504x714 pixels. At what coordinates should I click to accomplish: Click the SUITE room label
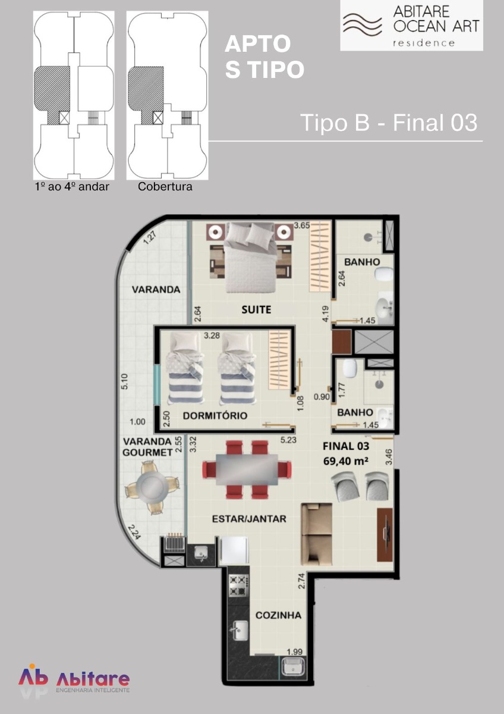click(256, 309)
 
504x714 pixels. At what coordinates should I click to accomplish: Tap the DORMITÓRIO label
click(215, 416)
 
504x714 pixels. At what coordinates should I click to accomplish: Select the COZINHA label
click(278, 615)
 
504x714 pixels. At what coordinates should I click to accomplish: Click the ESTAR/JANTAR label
click(249, 519)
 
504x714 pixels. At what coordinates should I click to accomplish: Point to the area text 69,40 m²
click(346, 461)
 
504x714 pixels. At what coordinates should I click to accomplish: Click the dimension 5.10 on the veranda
click(124, 381)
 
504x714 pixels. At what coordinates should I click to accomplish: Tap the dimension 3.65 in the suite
click(301, 226)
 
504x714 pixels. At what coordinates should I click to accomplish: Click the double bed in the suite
click(250, 258)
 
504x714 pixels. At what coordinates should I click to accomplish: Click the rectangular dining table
click(247, 469)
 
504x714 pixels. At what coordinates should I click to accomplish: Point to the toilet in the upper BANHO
click(384, 274)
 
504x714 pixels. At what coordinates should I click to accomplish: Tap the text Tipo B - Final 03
click(389, 123)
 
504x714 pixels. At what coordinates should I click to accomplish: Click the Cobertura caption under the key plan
click(165, 186)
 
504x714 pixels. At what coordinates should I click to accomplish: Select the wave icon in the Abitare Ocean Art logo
click(362, 24)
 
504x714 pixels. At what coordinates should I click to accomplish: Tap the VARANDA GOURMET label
click(148, 447)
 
